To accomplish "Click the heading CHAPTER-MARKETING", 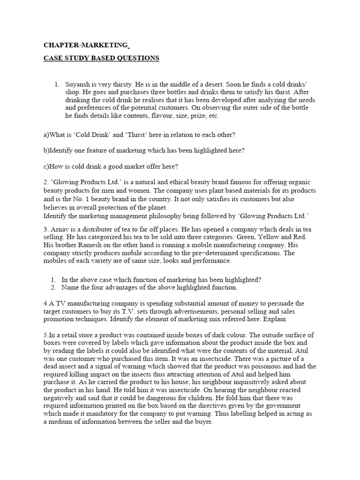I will point(86,45).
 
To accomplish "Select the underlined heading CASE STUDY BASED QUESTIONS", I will point(101,58).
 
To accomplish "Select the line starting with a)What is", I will point(139,135).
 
